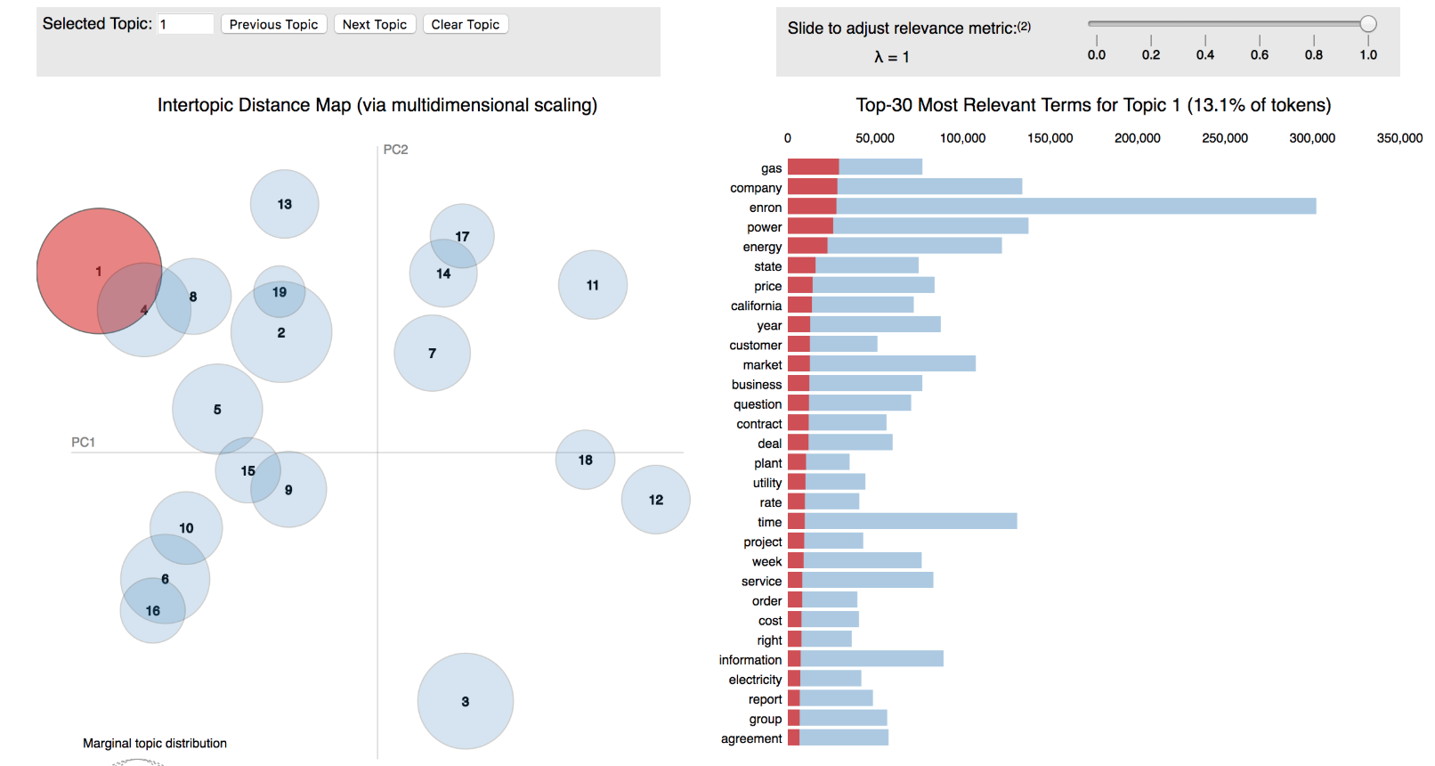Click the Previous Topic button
click(273, 24)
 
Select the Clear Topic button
click(466, 24)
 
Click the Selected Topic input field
click(186, 24)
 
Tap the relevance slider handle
click(1368, 24)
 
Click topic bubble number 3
click(466, 701)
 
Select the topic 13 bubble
click(285, 204)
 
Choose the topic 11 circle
click(593, 285)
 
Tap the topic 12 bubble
click(656, 500)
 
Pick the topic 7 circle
click(433, 354)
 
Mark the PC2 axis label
click(396, 150)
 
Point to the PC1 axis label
click(83, 442)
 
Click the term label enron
click(766, 208)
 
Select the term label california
click(756, 306)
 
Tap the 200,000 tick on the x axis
click(1138, 138)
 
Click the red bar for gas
click(813, 167)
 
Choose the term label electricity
click(755, 680)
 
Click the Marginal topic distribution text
click(155, 743)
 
